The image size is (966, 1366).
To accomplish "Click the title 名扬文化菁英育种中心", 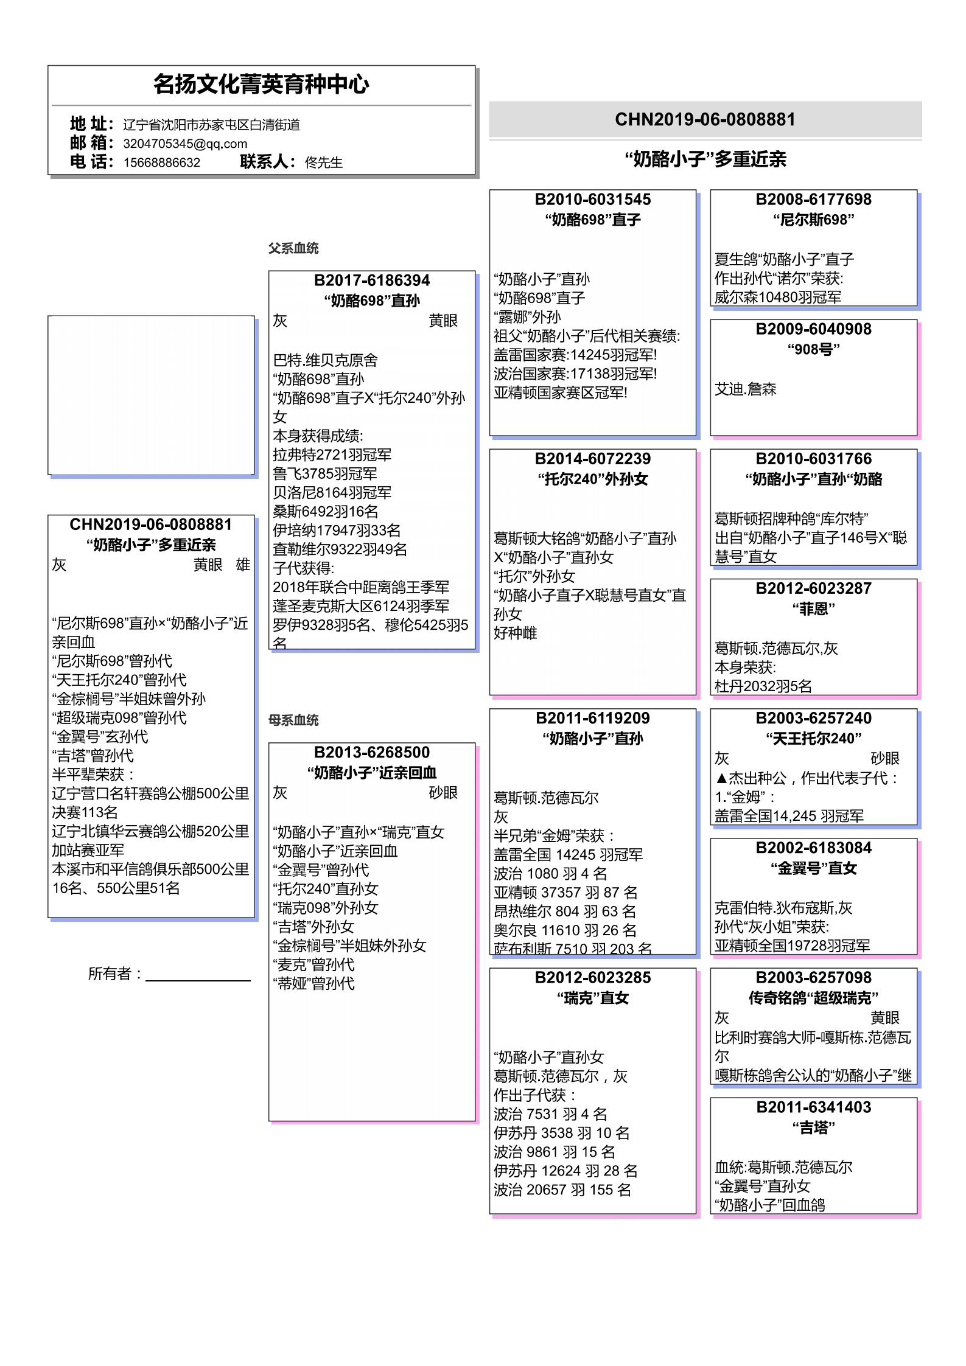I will pyautogui.click(x=261, y=85).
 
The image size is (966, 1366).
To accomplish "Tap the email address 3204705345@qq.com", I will pyautogui.click(x=185, y=144).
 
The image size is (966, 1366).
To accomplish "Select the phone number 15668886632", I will pyautogui.click(x=161, y=162).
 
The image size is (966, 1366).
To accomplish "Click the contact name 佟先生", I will pyautogui.click(x=323, y=162).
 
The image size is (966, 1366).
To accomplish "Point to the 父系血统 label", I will pyautogui.click(x=293, y=248).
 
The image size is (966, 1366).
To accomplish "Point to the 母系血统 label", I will pyautogui.click(x=293, y=720).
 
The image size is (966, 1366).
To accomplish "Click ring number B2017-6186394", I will pyautogui.click(x=371, y=281).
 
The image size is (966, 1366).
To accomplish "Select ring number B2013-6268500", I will pyautogui.click(x=371, y=753).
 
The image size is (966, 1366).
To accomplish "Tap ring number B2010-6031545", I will pyautogui.click(x=592, y=200).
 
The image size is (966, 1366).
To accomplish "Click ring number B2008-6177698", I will pyautogui.click(x=813, y=200).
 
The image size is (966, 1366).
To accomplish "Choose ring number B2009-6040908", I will pyautogui.click(x=813, y=329).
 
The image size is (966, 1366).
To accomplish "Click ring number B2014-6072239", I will pyautogui.click(x=592, y=459).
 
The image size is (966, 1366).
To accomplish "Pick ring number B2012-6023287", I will pyautogui.click(x=813, y=588).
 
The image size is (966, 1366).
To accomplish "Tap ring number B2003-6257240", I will pyautogui.click(x=813, y=718).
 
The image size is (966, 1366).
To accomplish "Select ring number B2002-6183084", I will pyautogui.click(x=813, y=848).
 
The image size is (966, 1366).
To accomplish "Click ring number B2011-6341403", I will pyautogui.click(x=813, y=1107).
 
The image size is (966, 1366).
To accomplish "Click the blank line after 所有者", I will pyautogui.click(x=198, y=975).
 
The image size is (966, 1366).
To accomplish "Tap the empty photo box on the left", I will pyautogui.click(x=151, y=395).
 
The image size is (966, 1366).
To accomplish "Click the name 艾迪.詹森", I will pyautogui.click(x=745, y=389).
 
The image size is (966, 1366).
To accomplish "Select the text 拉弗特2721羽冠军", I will pyautogui.click(x=332, y=455).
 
